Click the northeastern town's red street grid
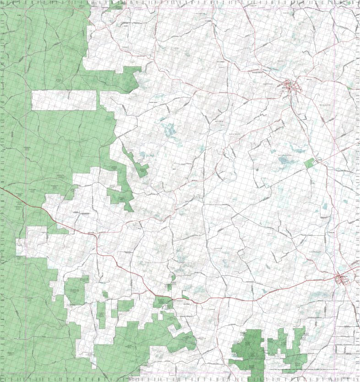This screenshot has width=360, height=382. coord(290,86)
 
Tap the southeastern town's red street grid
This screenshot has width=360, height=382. coord(342,279)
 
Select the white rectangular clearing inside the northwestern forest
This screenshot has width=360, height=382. coord(64,100)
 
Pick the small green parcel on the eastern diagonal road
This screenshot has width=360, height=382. coord(310,162)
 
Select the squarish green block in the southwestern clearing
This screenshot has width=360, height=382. coord(75,291)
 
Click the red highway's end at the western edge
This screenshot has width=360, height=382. coord(1,187)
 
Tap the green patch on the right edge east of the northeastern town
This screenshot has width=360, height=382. coord(350,86)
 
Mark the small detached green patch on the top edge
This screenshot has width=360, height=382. coord(117,5)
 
